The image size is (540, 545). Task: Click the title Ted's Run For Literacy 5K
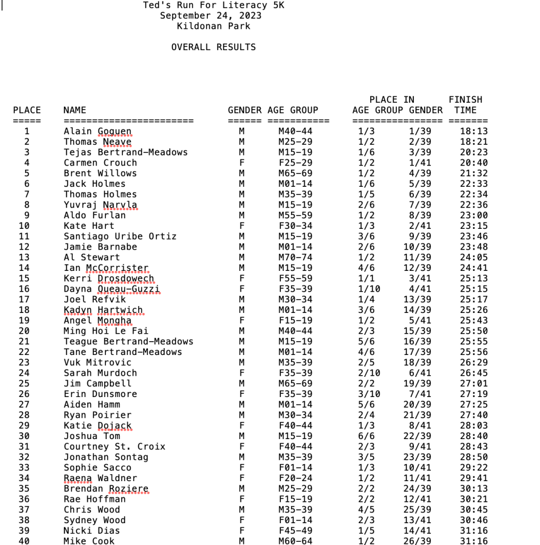[213, 5]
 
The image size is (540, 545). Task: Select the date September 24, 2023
[211, 15]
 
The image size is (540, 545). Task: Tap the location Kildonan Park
[213, 26]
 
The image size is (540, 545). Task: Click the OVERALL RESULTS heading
[213, 47]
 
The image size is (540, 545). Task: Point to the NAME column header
[74, 110]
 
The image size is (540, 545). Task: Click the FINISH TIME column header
[465, 105]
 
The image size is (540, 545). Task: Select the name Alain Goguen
[97, 131]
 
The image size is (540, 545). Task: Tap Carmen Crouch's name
[100, 163]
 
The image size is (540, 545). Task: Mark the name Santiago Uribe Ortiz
[120, 236]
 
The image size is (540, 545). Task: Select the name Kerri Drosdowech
[109, 278]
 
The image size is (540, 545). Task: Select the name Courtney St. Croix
[114, 447]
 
